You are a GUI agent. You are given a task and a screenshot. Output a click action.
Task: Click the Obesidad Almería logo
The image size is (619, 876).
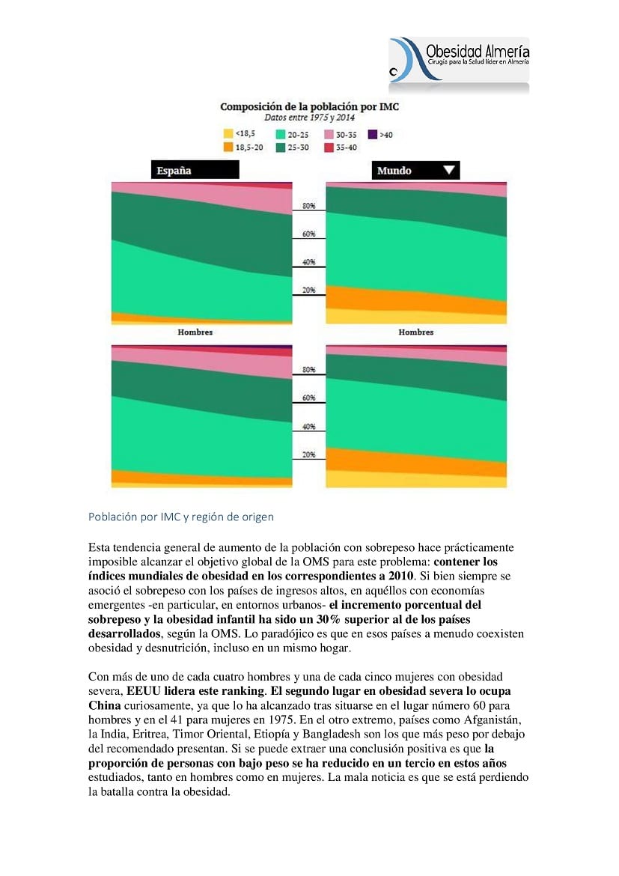[459, 61]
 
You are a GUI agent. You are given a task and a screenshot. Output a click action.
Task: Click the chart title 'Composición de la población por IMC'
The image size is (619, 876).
[310, 107]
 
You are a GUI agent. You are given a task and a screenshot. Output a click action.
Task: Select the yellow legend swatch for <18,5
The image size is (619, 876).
[228, 133]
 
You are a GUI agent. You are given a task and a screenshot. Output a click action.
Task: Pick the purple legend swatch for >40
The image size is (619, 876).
[373, 134]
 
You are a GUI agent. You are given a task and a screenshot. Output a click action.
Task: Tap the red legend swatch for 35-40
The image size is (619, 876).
[329, 147]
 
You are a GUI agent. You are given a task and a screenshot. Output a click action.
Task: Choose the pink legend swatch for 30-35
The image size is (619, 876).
[329, 134]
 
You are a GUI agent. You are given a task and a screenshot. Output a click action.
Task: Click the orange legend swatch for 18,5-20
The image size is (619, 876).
[228, 147]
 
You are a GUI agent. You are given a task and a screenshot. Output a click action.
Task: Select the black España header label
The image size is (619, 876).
[195, 170]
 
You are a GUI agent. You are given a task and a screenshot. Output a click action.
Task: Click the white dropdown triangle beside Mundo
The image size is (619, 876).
[449, 169]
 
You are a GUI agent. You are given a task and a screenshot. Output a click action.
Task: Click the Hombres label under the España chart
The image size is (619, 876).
[195, 332]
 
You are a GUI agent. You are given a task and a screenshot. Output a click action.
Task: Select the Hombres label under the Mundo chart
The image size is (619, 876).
[415, 332]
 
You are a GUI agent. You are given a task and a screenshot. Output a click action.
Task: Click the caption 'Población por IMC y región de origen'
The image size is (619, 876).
[181, 517]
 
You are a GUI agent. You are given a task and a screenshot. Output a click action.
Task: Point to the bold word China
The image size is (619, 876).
[105, 705]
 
